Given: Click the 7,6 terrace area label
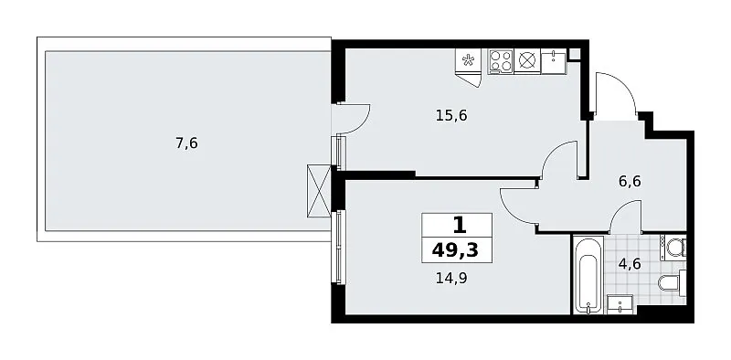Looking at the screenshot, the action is pyautogui.click(x=186, y=143).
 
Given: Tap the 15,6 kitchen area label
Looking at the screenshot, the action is pyautogui.click(x=451, y=115).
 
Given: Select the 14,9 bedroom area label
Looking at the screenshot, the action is pyautogui.click(x=451, y=279).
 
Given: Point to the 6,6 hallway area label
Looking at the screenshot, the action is pyautogui.click(x=630, y=181).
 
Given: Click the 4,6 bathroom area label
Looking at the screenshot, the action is pyautogui.click(x=630, y=264).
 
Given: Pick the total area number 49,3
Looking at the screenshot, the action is pyautogui.click(x=455, y=250).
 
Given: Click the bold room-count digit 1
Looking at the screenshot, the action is pyautogui.click(x=460, y=227).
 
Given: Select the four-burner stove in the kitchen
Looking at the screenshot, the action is pyautogui.click(x=500, y=61).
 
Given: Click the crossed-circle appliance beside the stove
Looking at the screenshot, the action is pyautogui.click(x=526, y=61).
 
